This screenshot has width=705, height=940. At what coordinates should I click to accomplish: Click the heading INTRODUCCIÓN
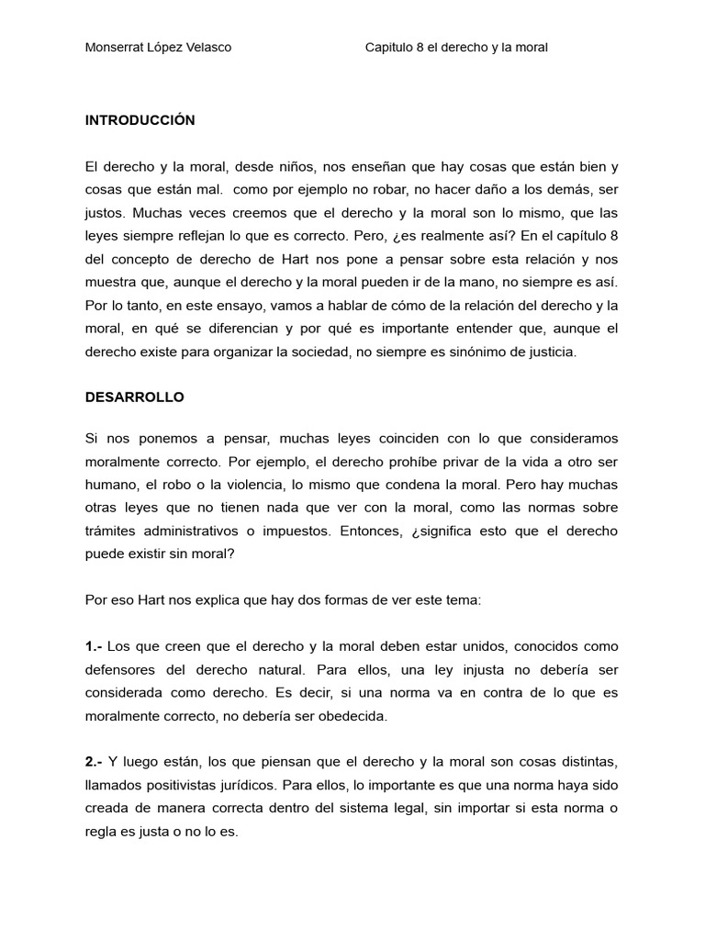[140, 120]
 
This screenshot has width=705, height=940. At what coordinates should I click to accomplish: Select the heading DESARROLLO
[134, 397]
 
